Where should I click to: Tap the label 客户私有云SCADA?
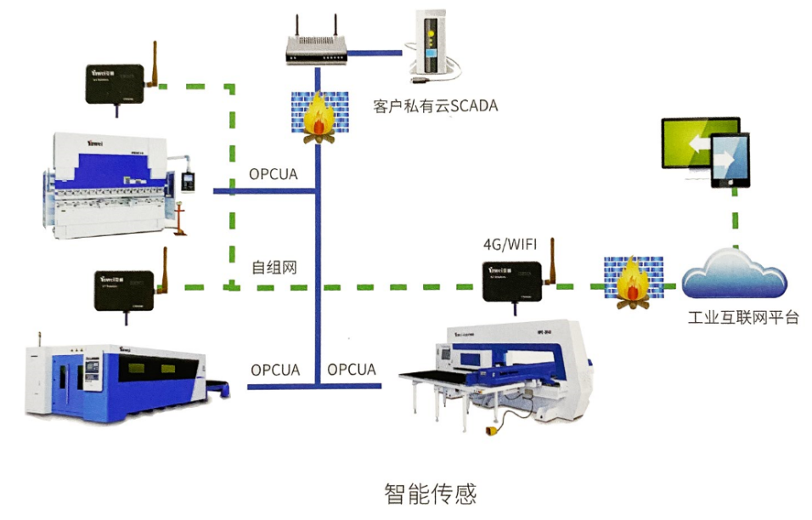(435, 106)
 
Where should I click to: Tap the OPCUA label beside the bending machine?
(273, 174)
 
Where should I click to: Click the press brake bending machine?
(115, 183)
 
